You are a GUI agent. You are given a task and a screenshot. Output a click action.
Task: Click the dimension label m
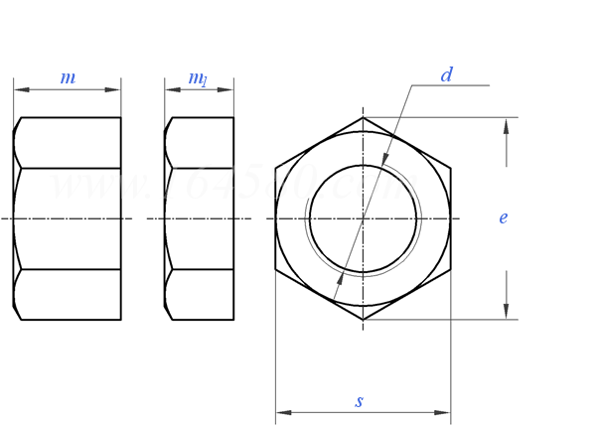tap(68, 78)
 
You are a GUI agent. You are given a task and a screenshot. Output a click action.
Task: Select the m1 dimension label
tap(199, 78)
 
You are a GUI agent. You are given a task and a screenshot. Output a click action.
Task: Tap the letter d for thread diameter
tap(447, 75)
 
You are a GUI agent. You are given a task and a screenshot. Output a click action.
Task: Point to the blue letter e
tap(504, 217)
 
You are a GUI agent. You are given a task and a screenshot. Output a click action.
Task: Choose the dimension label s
tap(360, 401)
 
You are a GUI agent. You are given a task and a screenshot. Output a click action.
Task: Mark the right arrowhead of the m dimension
tap(114, 90)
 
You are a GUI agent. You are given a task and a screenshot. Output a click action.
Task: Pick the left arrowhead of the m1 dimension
tap(171, 90)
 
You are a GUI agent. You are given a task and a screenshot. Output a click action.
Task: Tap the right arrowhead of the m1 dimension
tap(227, 90)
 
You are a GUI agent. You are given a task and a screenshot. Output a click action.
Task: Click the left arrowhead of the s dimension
tap(282, 410)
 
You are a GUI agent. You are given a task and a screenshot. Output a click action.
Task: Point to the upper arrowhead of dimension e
tap(507, 124)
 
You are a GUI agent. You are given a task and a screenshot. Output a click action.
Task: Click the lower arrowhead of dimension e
tap(507, 313)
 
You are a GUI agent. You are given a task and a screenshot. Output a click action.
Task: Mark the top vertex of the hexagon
tap(363, 117)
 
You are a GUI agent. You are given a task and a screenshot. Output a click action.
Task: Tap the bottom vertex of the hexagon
tap(363, 319)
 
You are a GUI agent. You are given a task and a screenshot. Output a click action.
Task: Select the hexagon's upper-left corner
tap(275, 167)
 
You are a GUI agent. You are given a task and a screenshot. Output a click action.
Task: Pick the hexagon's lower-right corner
tap(450, 269)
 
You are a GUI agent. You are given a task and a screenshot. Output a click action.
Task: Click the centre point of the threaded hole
tap(363, 217)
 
